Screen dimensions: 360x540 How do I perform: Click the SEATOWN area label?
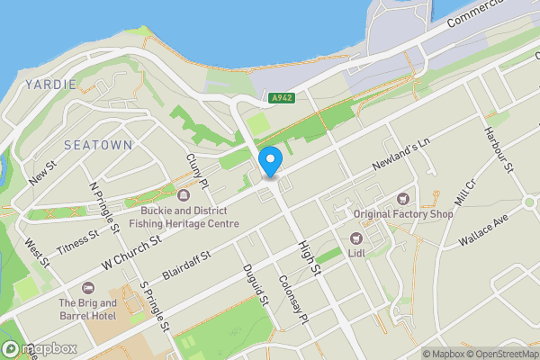tap(98, 144)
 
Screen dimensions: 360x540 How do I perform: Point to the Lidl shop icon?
tap(355, 238)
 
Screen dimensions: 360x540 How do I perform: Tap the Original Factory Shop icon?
tap(403, 198)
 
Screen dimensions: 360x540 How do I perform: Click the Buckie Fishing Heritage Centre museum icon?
tap(184, 195)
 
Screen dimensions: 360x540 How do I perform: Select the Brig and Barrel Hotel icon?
tap(88, 288)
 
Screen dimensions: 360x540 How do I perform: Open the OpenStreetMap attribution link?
tap(498, 353)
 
